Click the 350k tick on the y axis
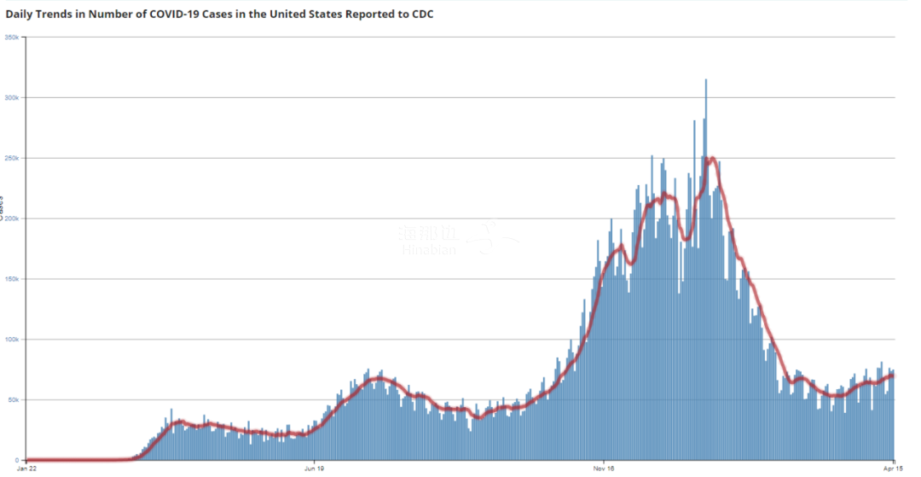click(13, 38)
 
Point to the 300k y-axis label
click(13, 97)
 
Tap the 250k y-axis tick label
click(13, 158)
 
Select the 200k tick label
click(13, 218)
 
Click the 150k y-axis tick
click(13, 279)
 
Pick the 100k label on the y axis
click(13, 340)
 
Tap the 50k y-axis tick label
click(14, 399)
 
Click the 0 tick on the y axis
click(20, 460)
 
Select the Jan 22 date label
click(27, 468)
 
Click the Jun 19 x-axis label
click(314, 468)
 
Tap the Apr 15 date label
click(893, 468)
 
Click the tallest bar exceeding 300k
click(706, 81)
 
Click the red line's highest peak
click(710, 159)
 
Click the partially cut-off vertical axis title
click(3, 208)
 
